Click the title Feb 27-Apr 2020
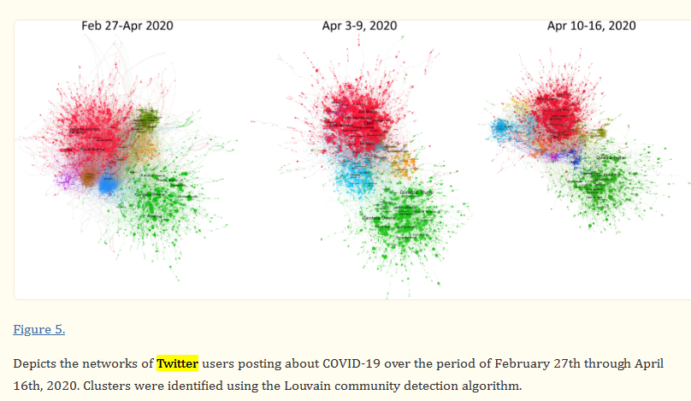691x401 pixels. coord(127,26)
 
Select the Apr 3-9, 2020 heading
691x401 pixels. coord(359,26)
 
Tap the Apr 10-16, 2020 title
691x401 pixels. coord(592,26)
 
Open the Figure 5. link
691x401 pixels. coord(39,329)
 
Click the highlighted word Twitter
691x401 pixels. coord(177,363)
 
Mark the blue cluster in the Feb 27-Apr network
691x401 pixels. coord(109,184)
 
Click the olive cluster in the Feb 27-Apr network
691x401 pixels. coord(149,117)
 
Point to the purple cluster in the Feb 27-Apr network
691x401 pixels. coord(63,180)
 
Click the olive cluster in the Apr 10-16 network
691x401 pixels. coord(600,133)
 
